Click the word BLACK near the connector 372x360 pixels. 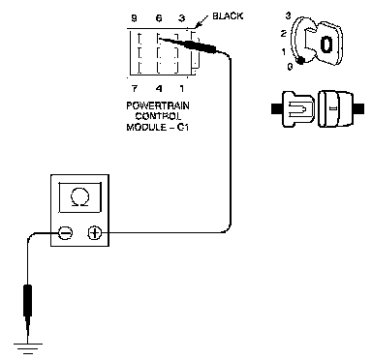coord(228,15)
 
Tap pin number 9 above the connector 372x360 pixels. coord(134,18)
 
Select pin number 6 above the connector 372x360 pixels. coord(159,18)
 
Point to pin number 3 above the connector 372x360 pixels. coord(182,18)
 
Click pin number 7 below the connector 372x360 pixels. coord(135,88)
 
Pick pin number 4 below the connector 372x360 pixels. coord(159,88)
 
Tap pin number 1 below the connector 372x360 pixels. coord(182,88)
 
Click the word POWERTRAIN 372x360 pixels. coord(158,105)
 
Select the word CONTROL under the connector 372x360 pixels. coord(158,116)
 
